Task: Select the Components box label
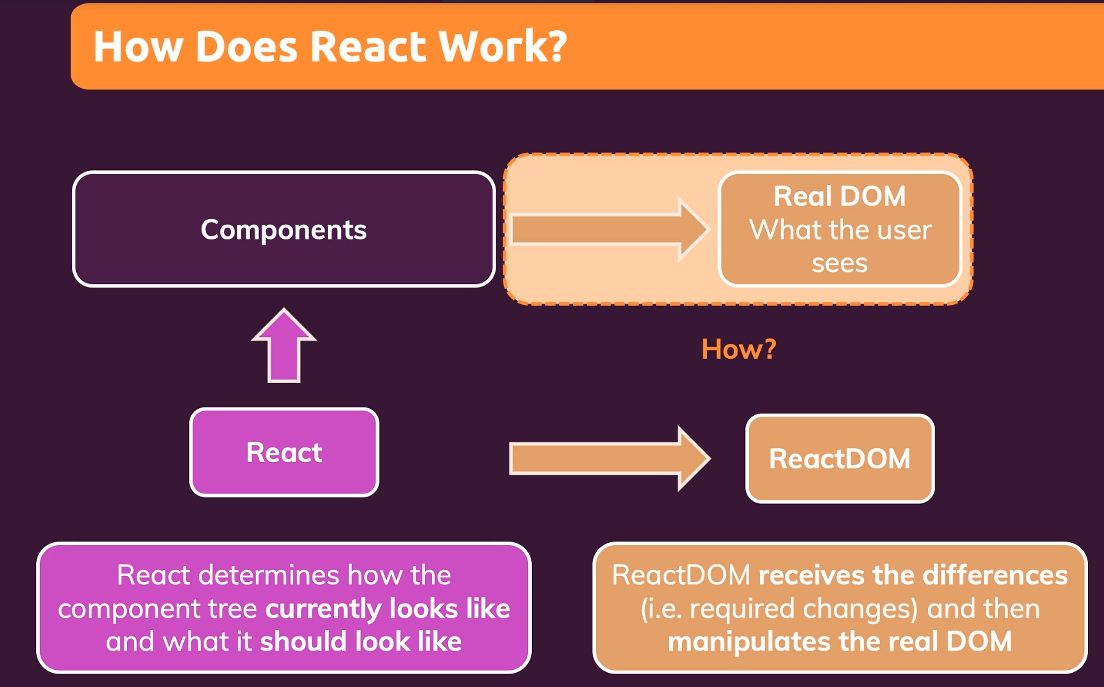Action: (x=284, y=230)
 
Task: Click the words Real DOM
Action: (x=839, y=196)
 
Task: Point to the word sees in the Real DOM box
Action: (x=839, y=264)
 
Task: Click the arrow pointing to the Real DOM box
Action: (x=609, y=229)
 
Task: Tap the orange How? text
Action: (x=739, y=349)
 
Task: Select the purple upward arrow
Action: (x=284, y=345)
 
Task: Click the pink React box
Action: (x=284, y=453)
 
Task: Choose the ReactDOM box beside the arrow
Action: (x=840, y=458)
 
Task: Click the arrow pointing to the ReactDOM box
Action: (x=610, y=458)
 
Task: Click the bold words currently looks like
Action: (x=388, y=609)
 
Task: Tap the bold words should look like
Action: (x=361, y=642)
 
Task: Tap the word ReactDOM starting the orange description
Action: (x=681, y=575)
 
